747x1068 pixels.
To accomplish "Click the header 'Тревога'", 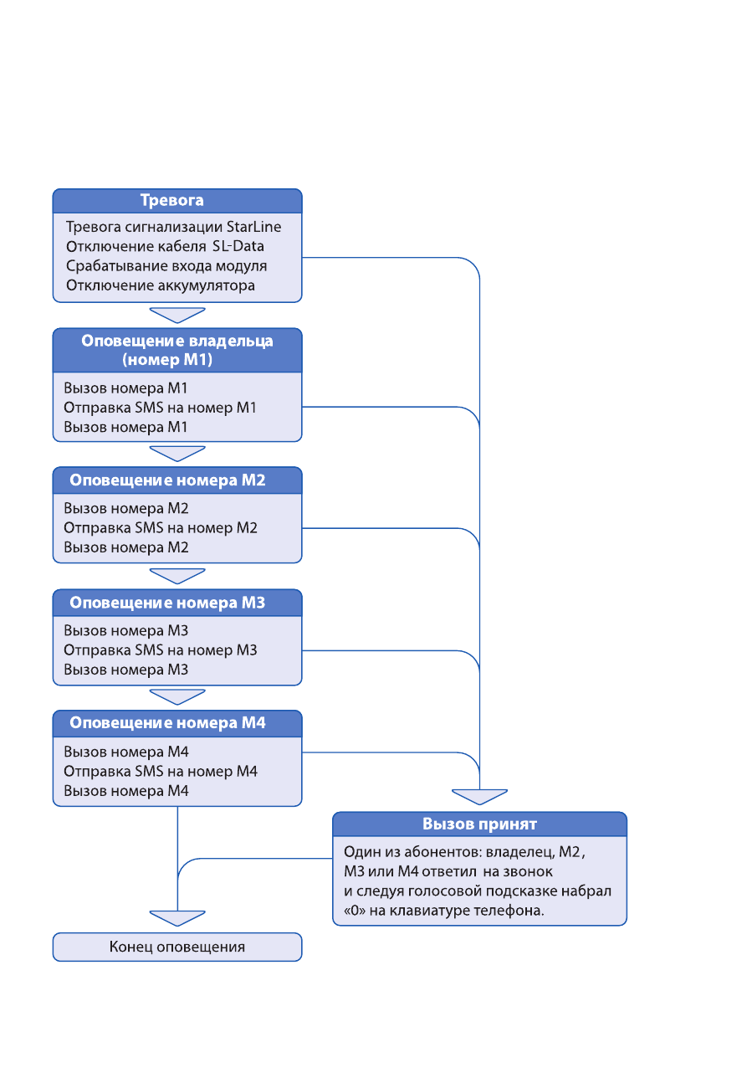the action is (x=172, y=200).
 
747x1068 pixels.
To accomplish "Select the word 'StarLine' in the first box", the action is (x=253, y=227).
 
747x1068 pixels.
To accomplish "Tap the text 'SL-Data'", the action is (x=238, y=246).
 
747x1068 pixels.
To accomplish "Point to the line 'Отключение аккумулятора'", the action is (x=161, y=285).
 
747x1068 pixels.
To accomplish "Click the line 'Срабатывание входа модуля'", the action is (x=166, y=265).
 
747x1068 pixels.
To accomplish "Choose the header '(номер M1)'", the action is (x=167, y=359).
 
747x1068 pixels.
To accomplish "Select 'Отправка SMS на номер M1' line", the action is (x=160, y=407).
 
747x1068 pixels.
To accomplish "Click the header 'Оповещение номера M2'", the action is (x=167, y=480).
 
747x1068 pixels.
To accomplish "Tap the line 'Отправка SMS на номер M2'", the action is (x=161, y=527).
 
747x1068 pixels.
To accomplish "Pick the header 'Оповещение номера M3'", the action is (x=167, y=602).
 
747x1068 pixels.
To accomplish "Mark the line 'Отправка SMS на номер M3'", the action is (x=161, y=650).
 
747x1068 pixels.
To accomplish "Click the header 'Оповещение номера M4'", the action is (x=167, y=722).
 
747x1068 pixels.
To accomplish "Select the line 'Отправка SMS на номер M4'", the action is (x=161, y=771).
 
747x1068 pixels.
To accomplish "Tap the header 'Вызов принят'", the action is (x=480, y=824).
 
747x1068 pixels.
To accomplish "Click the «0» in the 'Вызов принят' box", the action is (x=355, y=911).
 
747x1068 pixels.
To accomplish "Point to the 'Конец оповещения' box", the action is (x=177, y=947).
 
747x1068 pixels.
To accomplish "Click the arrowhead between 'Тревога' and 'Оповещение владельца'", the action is (x=177, y=316).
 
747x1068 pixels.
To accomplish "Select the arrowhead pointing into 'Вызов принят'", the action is (x=480, y=797).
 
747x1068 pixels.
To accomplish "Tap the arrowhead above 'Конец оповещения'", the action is (x=177, y=918).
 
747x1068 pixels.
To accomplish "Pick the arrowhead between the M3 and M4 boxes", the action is (x=177, y=696).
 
